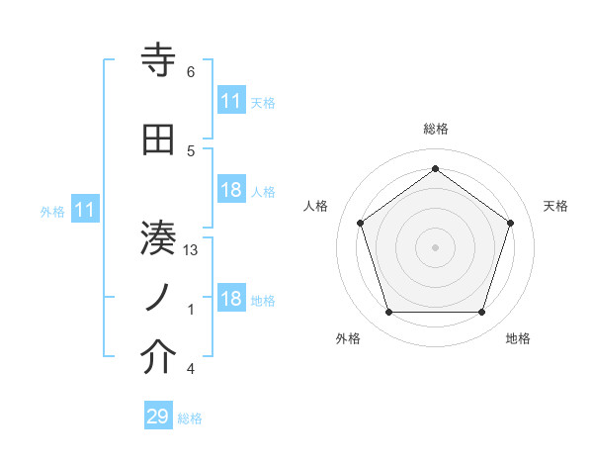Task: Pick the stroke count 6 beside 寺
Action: click(x=190, y=72)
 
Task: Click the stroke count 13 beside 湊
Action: click(x=191, y=250)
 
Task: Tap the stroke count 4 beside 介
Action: click(x=190, y=369)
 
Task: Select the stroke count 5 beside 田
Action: click(x=190, y=151)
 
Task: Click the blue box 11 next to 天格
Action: click(x=231, y=102)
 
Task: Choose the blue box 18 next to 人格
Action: click(x=231, y=191)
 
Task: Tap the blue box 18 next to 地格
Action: click(x=231, y=300)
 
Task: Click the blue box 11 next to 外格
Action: click(x=85, y=210)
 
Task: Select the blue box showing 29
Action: click(x=157, y=417)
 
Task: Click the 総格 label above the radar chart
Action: click(x=436, y=130)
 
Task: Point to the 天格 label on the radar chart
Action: click(x=556, y=206)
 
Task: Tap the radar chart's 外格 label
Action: click(x=348, y=338)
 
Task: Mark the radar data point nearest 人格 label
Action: click(x=361, y=223)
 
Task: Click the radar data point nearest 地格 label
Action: click(x=481, y=313)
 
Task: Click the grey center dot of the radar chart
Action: click(x=435, y=246)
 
